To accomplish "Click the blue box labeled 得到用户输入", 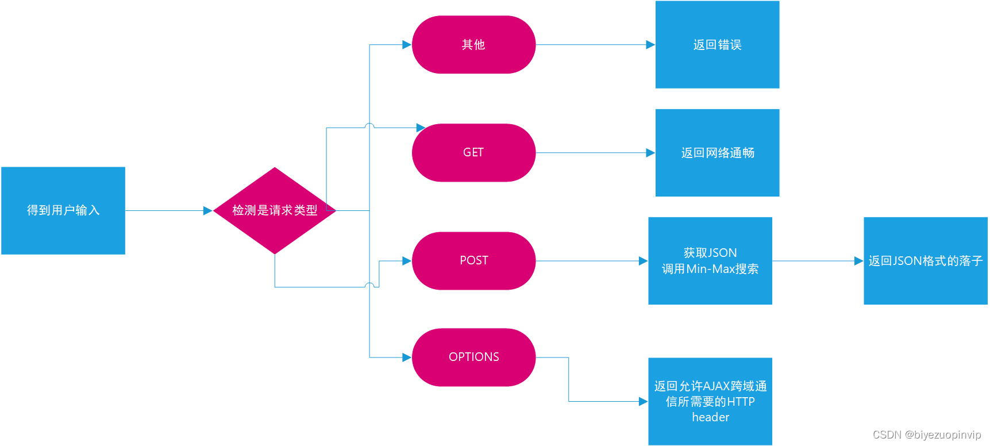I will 63,210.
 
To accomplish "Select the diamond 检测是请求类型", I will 275,210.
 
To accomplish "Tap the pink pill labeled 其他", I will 473,45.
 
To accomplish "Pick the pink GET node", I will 473,153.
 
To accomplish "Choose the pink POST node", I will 473,261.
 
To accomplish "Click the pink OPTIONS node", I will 473,357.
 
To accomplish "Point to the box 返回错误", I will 717,45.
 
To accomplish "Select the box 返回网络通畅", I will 717,153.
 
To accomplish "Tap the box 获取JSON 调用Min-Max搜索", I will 710,261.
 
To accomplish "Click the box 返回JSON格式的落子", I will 925,261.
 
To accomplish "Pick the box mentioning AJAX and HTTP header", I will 710,401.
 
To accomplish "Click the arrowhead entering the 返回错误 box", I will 650,45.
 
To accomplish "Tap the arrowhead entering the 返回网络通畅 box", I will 650,153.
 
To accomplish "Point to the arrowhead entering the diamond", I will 208,211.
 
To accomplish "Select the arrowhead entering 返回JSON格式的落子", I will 859,261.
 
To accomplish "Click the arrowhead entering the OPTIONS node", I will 407,357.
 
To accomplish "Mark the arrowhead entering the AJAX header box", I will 644,401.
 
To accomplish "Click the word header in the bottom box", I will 710,417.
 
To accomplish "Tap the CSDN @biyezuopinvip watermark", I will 927,435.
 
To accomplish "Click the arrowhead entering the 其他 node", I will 407,45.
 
